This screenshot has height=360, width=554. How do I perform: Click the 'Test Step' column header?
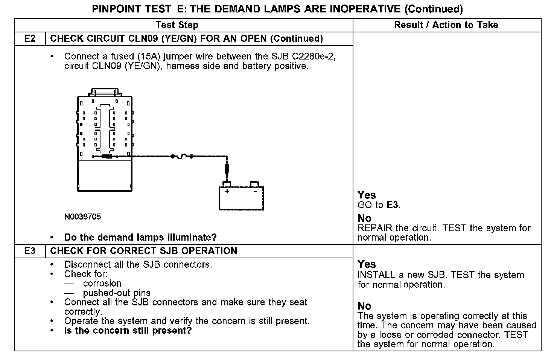177,25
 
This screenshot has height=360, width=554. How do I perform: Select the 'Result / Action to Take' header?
446,25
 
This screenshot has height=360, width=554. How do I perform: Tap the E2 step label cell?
30,39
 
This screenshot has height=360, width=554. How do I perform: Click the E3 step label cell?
30,251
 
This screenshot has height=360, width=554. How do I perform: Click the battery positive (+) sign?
227,191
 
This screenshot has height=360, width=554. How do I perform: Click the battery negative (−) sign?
255,191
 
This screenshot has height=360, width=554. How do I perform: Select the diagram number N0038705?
82,217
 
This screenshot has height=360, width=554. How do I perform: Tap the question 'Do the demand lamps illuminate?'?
140,238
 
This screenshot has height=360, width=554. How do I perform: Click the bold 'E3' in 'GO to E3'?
392,205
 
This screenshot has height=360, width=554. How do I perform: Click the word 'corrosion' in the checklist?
102,284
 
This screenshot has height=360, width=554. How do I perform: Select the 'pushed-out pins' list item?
117,293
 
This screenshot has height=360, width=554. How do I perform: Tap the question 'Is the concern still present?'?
128,331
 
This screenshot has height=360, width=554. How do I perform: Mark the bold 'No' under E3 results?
364,306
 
